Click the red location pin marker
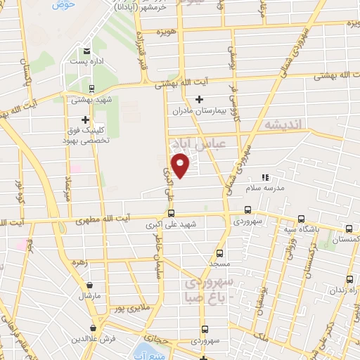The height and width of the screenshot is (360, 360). [x=181, y=166]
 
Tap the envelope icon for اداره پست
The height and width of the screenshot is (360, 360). [x=86, y=51]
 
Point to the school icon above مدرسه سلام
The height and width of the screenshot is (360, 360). [x=265, y=177]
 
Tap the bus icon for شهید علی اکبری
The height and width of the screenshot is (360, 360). [x=171, y=214]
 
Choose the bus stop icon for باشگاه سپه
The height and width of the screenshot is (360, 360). [x=301, y=218]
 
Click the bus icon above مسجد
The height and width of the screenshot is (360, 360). [x=219, y=252]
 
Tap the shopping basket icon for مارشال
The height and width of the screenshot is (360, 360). [x=91, y=285]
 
